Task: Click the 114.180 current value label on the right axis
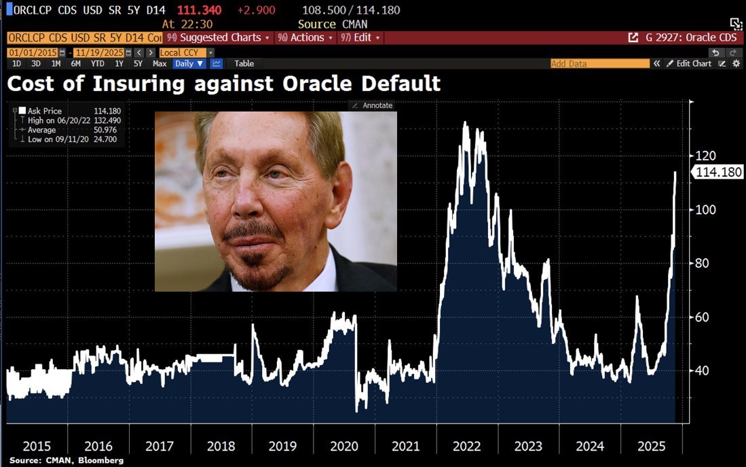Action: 718,173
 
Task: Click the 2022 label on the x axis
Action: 467,446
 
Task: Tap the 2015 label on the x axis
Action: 37,446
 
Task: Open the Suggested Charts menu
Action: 218,37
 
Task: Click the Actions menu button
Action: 307,37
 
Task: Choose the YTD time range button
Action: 97,63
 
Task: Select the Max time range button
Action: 160,63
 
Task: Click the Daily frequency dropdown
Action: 189,63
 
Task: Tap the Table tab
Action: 244,63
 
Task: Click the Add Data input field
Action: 599,63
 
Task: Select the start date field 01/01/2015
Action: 33,52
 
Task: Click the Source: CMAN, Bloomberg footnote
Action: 57,461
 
